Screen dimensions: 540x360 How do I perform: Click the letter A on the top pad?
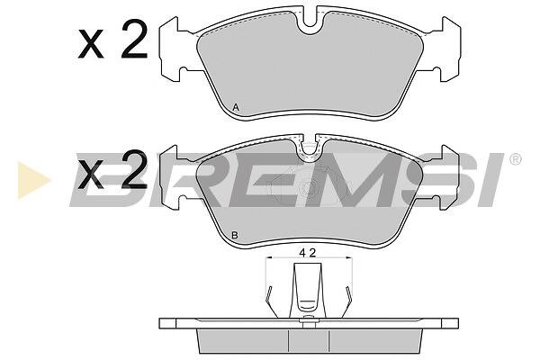tap(236, 107)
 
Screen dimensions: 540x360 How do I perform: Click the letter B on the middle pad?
tap(235, 236)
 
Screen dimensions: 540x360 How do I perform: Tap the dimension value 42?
tap(308, 253)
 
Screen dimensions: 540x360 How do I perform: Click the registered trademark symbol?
tap(515, 159)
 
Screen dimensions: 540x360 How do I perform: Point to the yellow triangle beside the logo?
tap(32, 180)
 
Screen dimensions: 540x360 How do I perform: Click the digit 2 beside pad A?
tap(134, 39)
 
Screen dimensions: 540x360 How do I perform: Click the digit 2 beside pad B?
tap(134, 170)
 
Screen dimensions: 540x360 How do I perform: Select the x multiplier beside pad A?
tap(91, 44)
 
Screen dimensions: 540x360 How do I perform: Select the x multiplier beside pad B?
tap(91, 175)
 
